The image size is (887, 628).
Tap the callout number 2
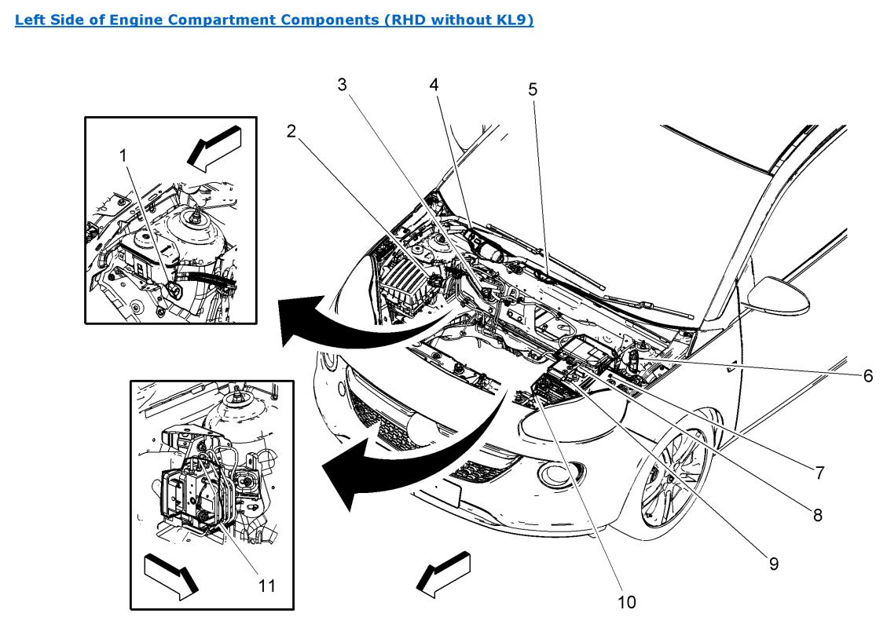[x=291, y=131]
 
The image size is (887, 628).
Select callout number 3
[x=343, y=85]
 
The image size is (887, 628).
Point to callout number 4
[x=434, y=85]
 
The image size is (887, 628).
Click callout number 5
[x=533, y=89]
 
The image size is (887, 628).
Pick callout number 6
[x=867, y=376]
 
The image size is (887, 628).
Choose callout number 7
[x=819, y=473]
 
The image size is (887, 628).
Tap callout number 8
[x=817, y=515]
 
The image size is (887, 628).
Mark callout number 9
[x=773, y=564]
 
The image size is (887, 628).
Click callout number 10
[x=627, y=602]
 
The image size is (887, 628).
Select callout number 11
[x=267, y=586]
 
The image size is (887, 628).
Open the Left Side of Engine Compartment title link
[x=274, y=20]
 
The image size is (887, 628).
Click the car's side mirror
[x=778, y=296]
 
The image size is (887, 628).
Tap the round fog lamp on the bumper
[x=556, y=473]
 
